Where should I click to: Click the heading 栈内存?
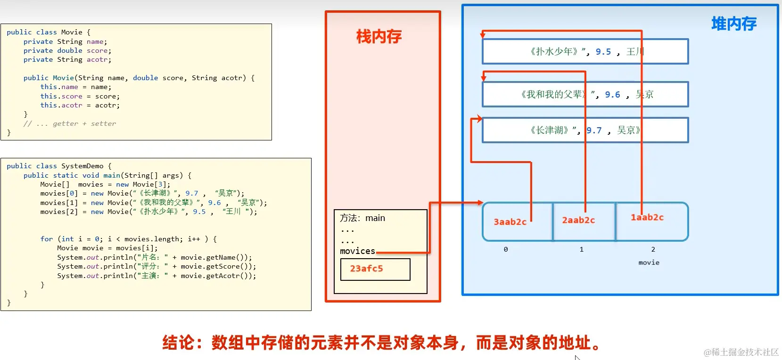click(x=379, y=37)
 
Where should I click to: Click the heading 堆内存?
click(x=733, y=24)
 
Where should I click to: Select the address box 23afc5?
click(x=375, y=269)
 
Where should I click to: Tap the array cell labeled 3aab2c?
click(x=510, y=222)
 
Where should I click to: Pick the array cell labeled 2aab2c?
click(x=578, y=221)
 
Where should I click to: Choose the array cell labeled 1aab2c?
click(x=647, y=218)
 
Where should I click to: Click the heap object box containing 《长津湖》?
click(x=584, y=131)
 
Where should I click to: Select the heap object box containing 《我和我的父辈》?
click(x=584, y=95)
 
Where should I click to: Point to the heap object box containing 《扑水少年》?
click(x=584, y=52)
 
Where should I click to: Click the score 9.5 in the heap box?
click(x=603, y=52)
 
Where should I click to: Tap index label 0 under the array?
click(x=506, y=249)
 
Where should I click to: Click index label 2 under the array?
click(x=653, y=249)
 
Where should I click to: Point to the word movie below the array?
click(x=649, y=262)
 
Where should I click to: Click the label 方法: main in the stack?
click(x=362, y=218)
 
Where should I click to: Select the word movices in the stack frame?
click(x=357, y=251)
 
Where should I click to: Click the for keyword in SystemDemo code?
click(x=47, y=239)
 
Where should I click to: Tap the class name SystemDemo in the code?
click(x=82, y=166)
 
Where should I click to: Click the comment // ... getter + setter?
click(x=69, y=123)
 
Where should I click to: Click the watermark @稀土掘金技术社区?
click(x=741, y=352)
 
